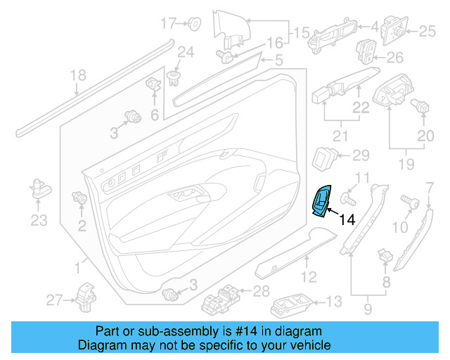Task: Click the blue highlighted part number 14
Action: pyautogui.click(x=323, y=202)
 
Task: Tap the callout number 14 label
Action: pyautogui.click(x=347, y=220)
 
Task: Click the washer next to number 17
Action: pyautogui.click(x=195, y=25)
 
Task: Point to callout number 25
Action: pyautogui.click(x=427, y=30)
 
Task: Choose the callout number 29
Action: pyautogui.click(x=359, y=155)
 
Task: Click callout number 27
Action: pyautogui.click(x=55, y=301)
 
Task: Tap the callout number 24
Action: pyautogui.click(x=185, y=51)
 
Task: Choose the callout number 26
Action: pyautogui.click(x=395, y=57)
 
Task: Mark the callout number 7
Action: pyautogui.click(x=430, y=186)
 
